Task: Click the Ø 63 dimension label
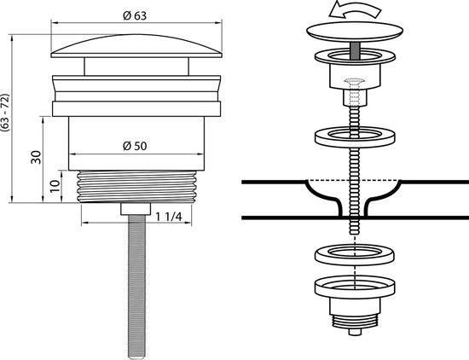(135, 16)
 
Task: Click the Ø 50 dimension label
(135, 146)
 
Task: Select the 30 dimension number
(36, 157)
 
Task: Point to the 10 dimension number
(55, 186)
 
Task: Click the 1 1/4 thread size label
(168, 217)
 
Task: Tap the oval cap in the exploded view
(355, 32)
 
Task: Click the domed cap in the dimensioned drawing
(136, 46)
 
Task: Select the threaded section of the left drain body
(137, 187)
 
